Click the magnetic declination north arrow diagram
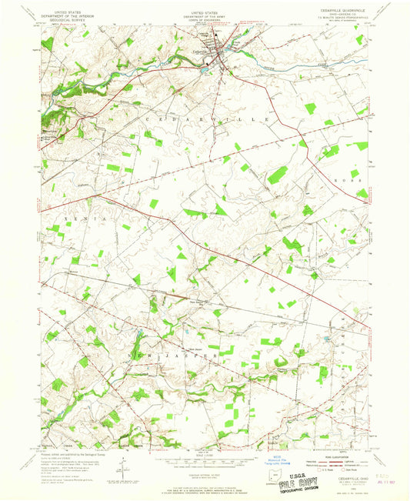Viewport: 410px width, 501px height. tap(122, 465)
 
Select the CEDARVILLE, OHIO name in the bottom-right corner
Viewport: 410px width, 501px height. tap(342, 476)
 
